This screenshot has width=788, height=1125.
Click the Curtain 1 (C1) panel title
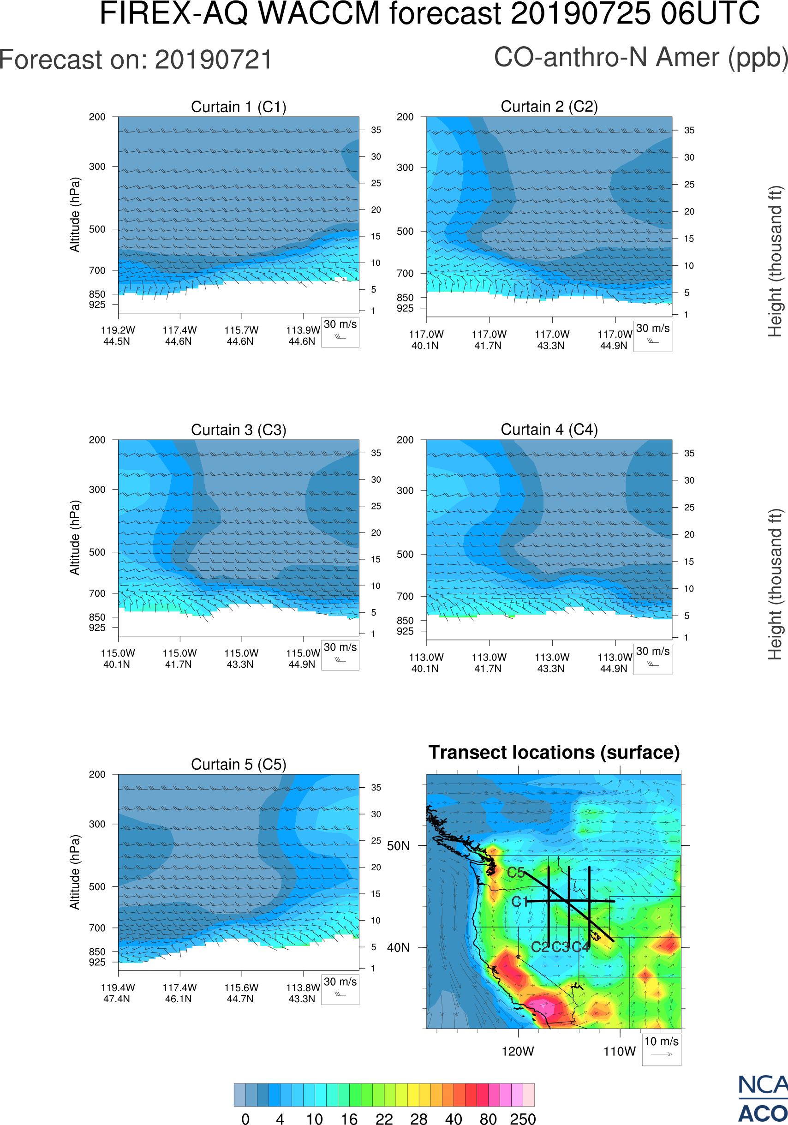pos(239,107)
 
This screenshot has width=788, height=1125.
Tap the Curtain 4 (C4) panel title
pos(549,430)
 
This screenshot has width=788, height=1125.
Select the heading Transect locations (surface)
pos(554,753)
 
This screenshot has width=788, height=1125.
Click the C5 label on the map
pos(516,873)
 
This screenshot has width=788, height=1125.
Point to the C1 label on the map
pos(519,902)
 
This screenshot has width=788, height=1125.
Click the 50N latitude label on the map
pos(398,846)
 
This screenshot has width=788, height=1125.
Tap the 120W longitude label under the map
pos(518,1052)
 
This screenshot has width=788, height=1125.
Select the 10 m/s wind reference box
pos(661,1049)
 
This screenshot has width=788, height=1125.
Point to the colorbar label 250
pos(523,1118)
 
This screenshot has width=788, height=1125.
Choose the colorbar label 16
pos(349,1118)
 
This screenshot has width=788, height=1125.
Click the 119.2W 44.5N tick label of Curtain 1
pos(118,335)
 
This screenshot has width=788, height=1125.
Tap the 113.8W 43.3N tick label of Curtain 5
pos(303,993)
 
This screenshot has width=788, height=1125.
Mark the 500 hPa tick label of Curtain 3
pos(97,552)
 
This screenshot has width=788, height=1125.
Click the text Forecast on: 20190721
pos(136,60)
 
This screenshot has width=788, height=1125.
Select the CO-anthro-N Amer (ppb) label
pos(640,57)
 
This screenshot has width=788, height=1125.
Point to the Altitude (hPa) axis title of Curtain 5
pos(74,872)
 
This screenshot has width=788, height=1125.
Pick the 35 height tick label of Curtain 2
pos(689,130)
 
